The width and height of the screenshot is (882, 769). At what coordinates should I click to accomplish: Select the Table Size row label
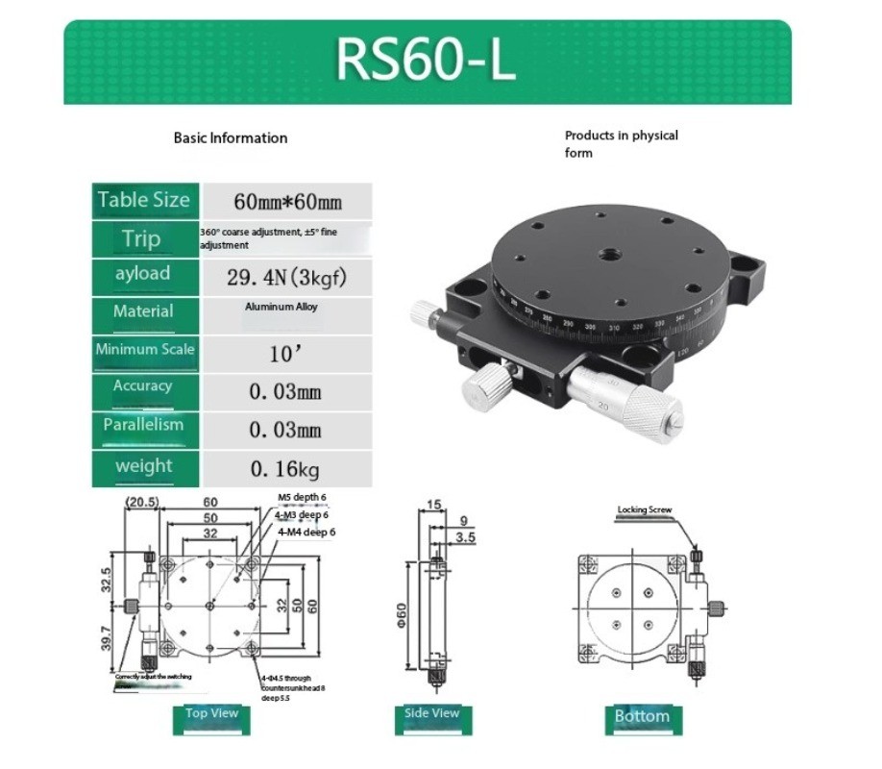[144, 200]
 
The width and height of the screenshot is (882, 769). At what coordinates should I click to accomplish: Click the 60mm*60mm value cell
[288, 203]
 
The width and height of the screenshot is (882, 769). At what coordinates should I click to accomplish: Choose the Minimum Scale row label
[144, 350]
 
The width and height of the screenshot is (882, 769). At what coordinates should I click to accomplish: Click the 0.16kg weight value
[283, 470]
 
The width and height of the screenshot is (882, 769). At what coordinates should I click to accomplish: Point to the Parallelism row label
[143, 425]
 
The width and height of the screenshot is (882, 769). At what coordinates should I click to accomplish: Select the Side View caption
[431, 713]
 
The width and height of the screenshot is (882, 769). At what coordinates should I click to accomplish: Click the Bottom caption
[641, 716]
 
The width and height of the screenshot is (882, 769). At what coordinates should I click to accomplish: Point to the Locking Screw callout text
[646, 510]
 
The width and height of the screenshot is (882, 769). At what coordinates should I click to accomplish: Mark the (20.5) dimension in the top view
[140, 502]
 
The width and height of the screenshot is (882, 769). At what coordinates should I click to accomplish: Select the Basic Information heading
[231, 138]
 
